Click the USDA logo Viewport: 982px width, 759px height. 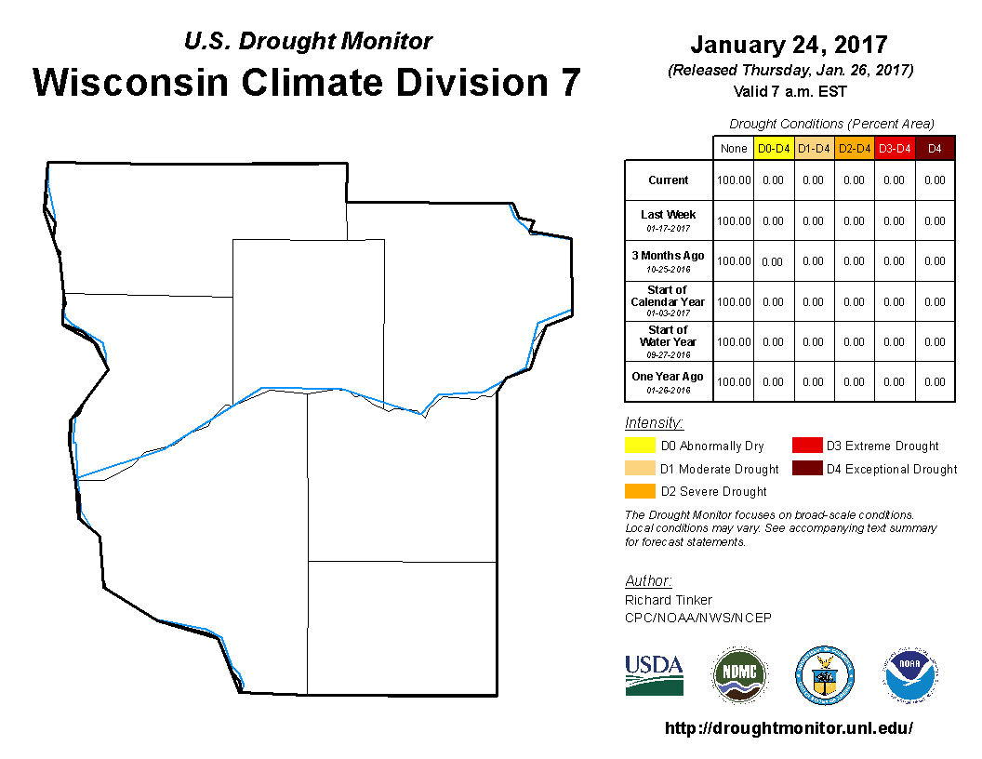click(x=654, y=675)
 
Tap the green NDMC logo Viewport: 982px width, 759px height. click(x=739, y=675)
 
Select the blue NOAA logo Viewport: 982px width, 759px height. click(x=910, y=675)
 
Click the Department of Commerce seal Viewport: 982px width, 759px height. click(x=825, y=675)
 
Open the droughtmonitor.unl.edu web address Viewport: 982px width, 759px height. click(x=789, y=727)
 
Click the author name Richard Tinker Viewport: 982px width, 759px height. click(x=669, y=600)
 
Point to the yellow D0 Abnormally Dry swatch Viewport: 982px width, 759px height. click(x=640, y=446)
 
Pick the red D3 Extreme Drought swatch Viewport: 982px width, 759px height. click(x=807, y=446)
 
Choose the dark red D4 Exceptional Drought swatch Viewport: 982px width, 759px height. click(x=807, y=469)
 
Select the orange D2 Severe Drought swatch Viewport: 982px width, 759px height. click(x=640, y=491)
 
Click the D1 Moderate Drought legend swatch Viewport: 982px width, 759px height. click(x=640, y=469)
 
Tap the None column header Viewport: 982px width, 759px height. click(x=734, y=149)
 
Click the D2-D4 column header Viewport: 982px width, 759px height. click(x=855, y=149)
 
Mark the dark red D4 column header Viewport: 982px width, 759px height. click(x=935, y=149)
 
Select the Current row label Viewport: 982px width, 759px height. click(x=669, y=180)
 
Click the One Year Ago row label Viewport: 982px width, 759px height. click(x=668, y=382)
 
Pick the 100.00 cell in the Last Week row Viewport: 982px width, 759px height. click(x=734, y=221)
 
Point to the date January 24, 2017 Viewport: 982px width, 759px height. click(x=790, y=45)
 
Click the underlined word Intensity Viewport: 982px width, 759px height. click(x=654, y=422)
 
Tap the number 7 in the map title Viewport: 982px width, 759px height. click(x=570, y=83)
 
